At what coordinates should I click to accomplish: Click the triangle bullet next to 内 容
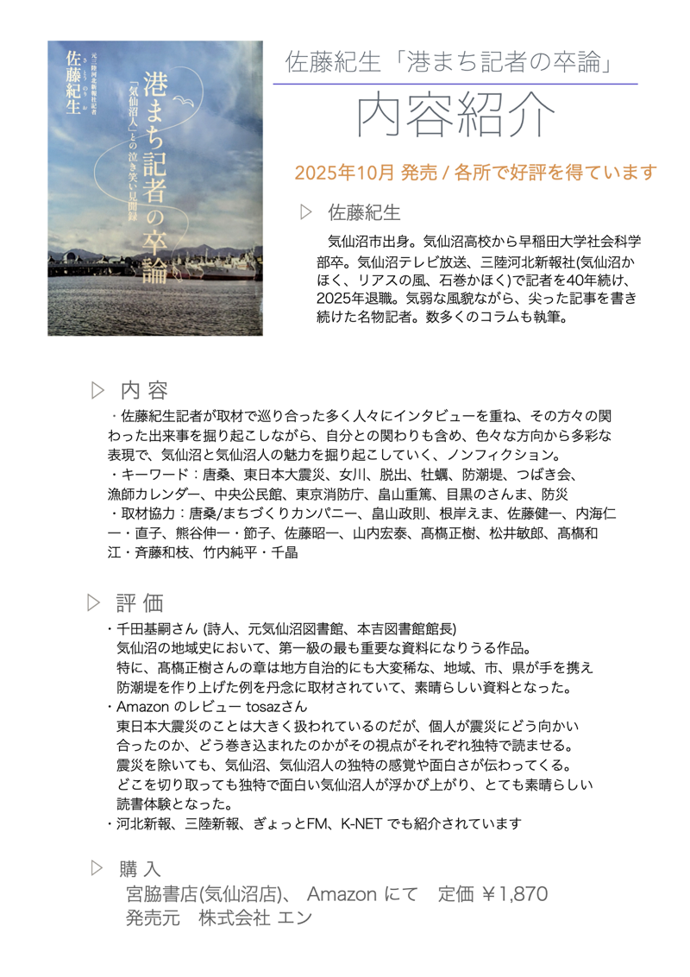pos(97,390)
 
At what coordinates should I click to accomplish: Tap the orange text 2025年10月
pos(343,173)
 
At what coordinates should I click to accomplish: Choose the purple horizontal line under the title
pos(455,84)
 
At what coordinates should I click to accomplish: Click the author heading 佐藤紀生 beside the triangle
pos(364,211)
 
